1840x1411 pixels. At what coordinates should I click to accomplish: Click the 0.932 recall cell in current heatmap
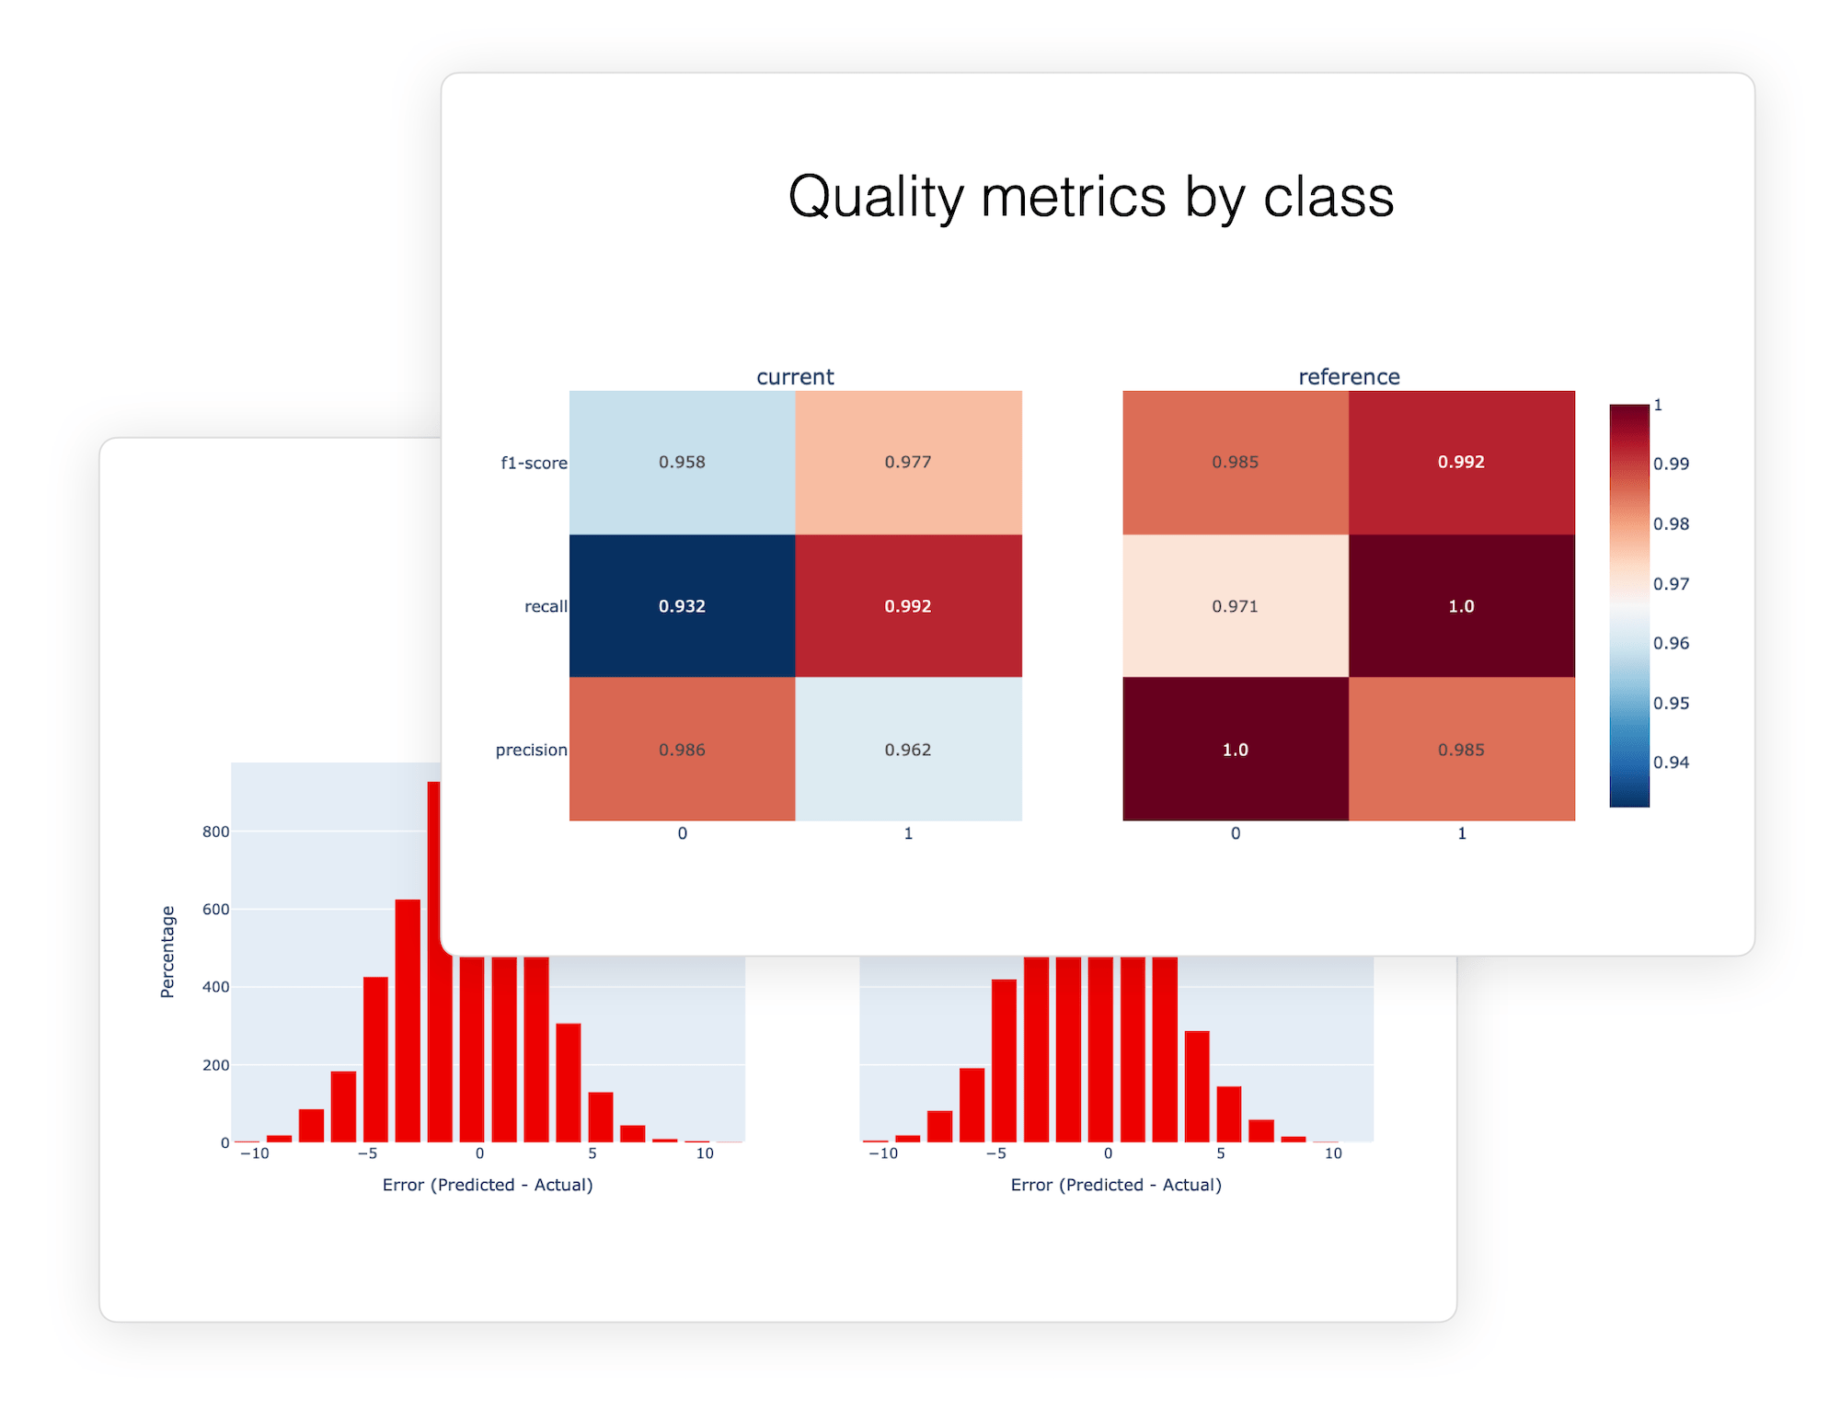(682, 606)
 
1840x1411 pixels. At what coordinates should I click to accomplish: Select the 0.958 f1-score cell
(682, 462)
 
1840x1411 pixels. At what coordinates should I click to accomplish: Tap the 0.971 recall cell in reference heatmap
(1235, 606)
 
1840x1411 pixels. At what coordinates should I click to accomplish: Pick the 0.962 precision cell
(908, 750)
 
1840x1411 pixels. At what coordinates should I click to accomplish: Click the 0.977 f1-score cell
(908, 462)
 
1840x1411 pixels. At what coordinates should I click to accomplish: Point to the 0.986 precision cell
(682, 750)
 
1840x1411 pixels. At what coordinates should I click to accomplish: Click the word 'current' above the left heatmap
(795, 376)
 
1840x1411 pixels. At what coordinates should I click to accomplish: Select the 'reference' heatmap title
(1349, 376)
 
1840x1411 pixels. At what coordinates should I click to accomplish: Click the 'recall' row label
(546, 606)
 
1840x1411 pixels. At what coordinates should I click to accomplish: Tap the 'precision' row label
(531, 750)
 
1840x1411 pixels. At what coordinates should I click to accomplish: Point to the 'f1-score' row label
(534, 463)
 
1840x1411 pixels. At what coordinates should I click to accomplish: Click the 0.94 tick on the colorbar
(1671, 762)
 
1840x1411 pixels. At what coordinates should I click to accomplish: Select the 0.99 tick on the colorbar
(1671, 464)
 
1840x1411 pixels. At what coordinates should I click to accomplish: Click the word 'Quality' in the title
(875, 197)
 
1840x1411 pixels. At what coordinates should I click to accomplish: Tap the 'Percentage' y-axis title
(167, 951)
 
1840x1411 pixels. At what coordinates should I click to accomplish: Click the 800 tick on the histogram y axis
(215, 832)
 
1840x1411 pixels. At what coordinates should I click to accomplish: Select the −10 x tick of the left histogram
(254, 1153)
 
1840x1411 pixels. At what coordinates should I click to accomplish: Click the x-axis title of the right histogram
(1116, 1185)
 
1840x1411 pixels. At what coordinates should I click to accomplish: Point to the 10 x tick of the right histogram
(1332, 1153)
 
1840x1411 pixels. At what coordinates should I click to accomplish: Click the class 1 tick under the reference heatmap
(1461, 833)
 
